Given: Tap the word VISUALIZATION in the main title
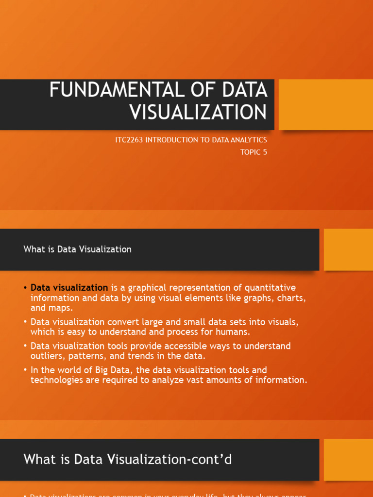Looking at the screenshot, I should tap(198, 112).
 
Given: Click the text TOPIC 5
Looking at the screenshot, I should tap(254, 152).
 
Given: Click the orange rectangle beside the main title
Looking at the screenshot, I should tap(325, 104).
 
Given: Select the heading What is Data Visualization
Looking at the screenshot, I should tap(78, 249).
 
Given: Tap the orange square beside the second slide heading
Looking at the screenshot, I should tap(348, 249).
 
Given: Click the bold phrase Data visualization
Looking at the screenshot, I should tap(69, 288).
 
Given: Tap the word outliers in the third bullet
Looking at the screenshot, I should tap(47, 356).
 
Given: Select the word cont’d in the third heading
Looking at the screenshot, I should tap(211, 460).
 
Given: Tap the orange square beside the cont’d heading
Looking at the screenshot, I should tap(348, 459).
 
